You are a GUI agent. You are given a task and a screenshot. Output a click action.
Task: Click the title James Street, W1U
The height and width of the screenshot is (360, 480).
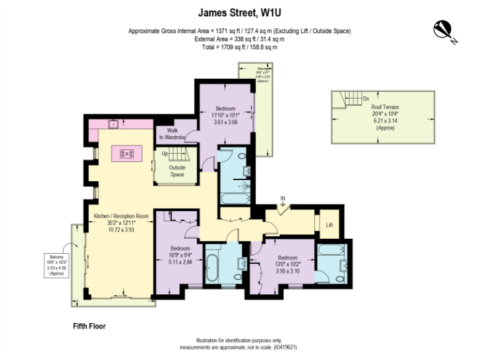pos(239,11)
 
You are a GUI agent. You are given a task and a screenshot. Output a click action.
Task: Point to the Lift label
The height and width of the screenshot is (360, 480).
pos(329,224)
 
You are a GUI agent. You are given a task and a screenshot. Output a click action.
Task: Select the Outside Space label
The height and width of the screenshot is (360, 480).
pos(177,171)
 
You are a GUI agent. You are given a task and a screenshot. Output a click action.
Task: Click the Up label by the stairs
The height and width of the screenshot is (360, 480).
pos(164,154)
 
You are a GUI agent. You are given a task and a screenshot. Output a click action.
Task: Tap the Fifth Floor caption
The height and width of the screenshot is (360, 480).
pos(89,326)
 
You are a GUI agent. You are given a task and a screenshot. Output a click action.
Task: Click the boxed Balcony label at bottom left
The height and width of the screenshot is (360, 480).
pos(57,264)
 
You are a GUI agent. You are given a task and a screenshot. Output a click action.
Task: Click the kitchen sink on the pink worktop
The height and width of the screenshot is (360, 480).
pos(114,124)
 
